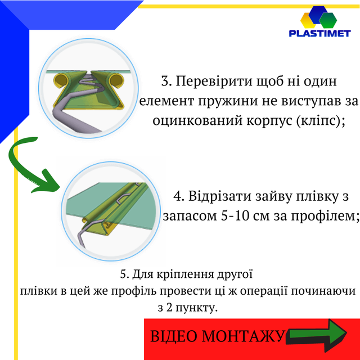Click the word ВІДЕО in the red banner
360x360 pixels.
175,336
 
